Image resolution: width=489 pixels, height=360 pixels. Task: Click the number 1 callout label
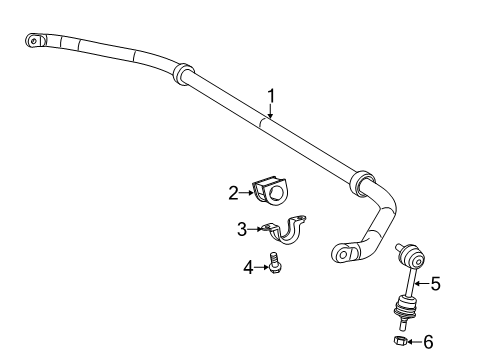[270, 96]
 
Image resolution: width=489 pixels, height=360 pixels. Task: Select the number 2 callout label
[232, 192]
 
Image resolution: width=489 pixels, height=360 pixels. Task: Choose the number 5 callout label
[434, 284]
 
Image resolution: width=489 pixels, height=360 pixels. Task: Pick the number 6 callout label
[428, 342]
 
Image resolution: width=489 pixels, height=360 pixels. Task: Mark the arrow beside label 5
[419, 284]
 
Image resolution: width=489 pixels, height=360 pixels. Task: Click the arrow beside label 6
[413, 342]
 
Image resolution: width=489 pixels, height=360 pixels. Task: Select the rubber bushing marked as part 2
[270, 190]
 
